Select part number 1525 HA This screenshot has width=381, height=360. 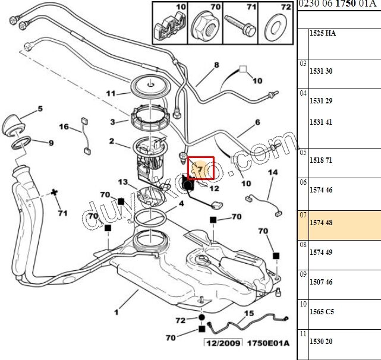(323, 33)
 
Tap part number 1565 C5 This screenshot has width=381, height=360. (322, 311)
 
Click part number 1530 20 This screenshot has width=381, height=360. (320, 341)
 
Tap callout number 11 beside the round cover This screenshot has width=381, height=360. (111, 93)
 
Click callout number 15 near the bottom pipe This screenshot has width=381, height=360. (249, 313)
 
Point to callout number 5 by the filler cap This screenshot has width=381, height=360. (40, 109)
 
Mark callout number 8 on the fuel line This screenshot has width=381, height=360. (216, 65)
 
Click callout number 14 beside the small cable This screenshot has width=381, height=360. (273, 172)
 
